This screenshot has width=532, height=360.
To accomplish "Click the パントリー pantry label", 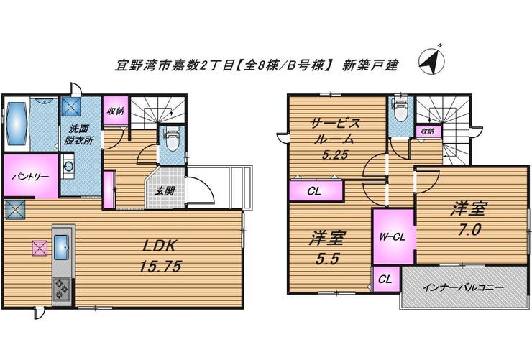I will [x=29, y=175].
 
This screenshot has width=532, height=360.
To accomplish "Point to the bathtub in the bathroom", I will [x=17, y=124].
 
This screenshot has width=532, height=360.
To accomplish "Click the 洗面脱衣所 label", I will [x=79, y=135].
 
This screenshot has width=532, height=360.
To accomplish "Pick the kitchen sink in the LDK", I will [x=60, y=249].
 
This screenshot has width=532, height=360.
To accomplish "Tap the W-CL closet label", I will [x=393, y=235].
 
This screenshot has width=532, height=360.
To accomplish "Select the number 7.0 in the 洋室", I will [x=467, y=231].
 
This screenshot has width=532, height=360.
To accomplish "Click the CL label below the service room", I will [x=313, y=191].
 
